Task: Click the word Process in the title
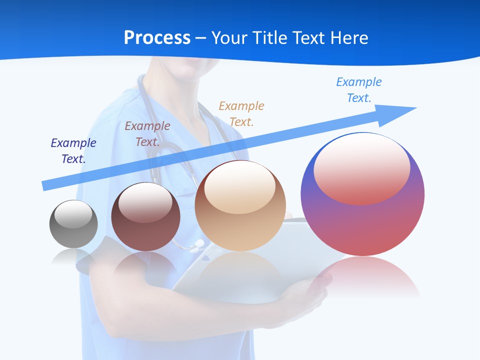(x=157, y=38)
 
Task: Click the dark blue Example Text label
(x=73, y=150)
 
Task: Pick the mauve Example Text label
(x=147, y=133)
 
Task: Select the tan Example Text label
(x=241, y=113)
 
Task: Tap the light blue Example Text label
(x=359, y=90)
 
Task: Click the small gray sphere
(x=73, y=230)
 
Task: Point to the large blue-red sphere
(x=362, y=220)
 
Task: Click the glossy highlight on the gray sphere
(x=73, y=214)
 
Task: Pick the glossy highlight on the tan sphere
(x=239, y=187)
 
